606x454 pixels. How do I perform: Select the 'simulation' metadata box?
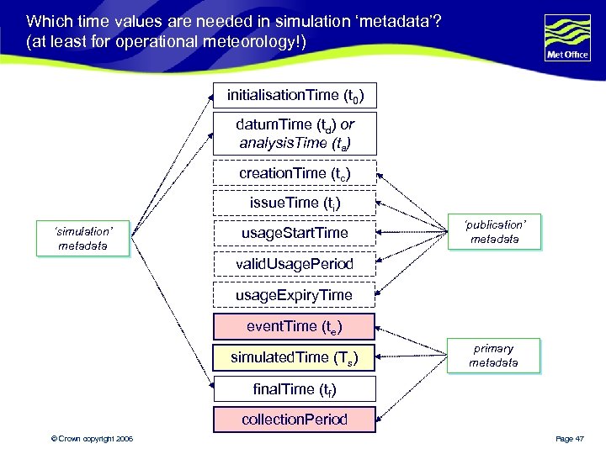(82, 238)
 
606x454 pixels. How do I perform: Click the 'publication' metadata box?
(494, 232)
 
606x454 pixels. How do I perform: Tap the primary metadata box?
(494, 356)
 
